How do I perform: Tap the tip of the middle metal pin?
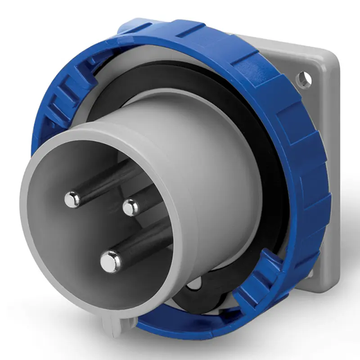130,207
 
